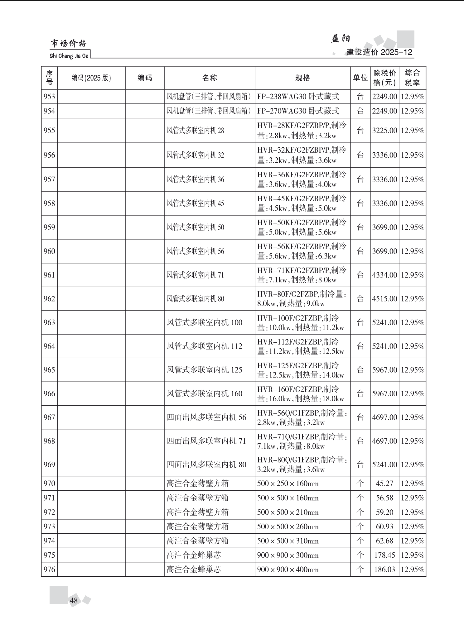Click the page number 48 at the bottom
(x=74, y=600)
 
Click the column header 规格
(x=302, y=78)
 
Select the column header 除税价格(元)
(x=384, y=78)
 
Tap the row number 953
(x=49, y=97)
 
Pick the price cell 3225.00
(x=384, y=131)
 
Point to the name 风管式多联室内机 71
(x=195, y=275)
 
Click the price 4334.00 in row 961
(x=384, y=275)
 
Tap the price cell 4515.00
(x=384, y=299)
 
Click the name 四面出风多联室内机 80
(x=206, y=465)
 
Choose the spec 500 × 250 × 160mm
(x=288, y=484)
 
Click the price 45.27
(x=384, y=484)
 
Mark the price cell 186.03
(x=384, y=569)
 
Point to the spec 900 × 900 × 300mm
(x=288, y=555)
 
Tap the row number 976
(x=49, y=569)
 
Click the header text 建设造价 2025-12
(x=379, y=52)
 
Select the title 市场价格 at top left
(x=68, y=44)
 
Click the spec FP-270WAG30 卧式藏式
(x=298, y=111)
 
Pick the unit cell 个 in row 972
(x=360, y=512)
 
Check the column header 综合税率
(x=412, y=78)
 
